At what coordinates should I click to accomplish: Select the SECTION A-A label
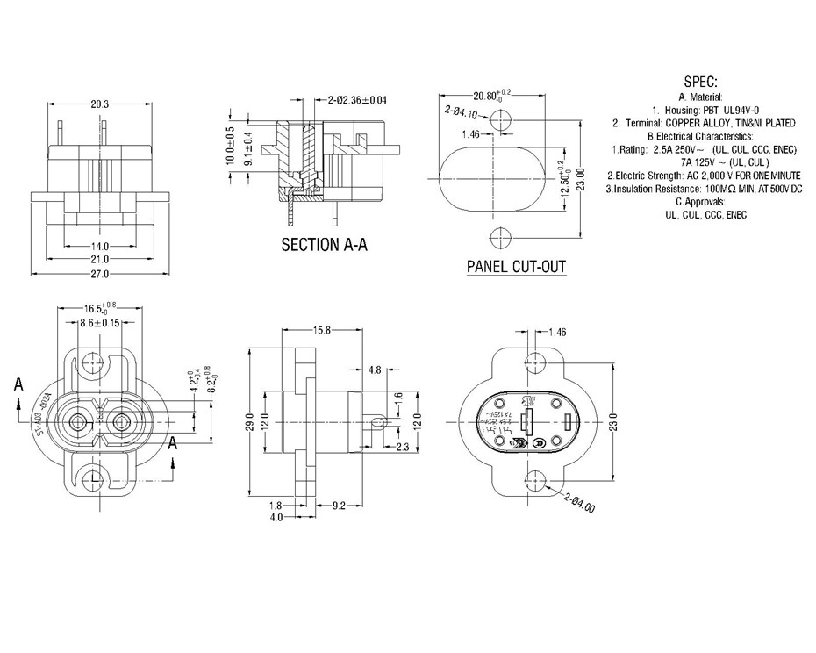point(324,245)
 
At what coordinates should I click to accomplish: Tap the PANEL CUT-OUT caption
point(516,267)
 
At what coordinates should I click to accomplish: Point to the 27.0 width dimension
point(99,275)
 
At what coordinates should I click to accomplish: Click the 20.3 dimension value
point(99,104)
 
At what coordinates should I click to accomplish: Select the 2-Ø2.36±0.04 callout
point(358,101)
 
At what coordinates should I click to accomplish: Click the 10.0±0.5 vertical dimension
point(230,146)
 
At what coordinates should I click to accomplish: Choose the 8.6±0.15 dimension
point(99,324)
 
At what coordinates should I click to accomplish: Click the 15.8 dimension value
point(321,331)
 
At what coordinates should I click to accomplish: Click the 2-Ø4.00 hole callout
point(581,504)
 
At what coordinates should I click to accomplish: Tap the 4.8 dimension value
point(375,370)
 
